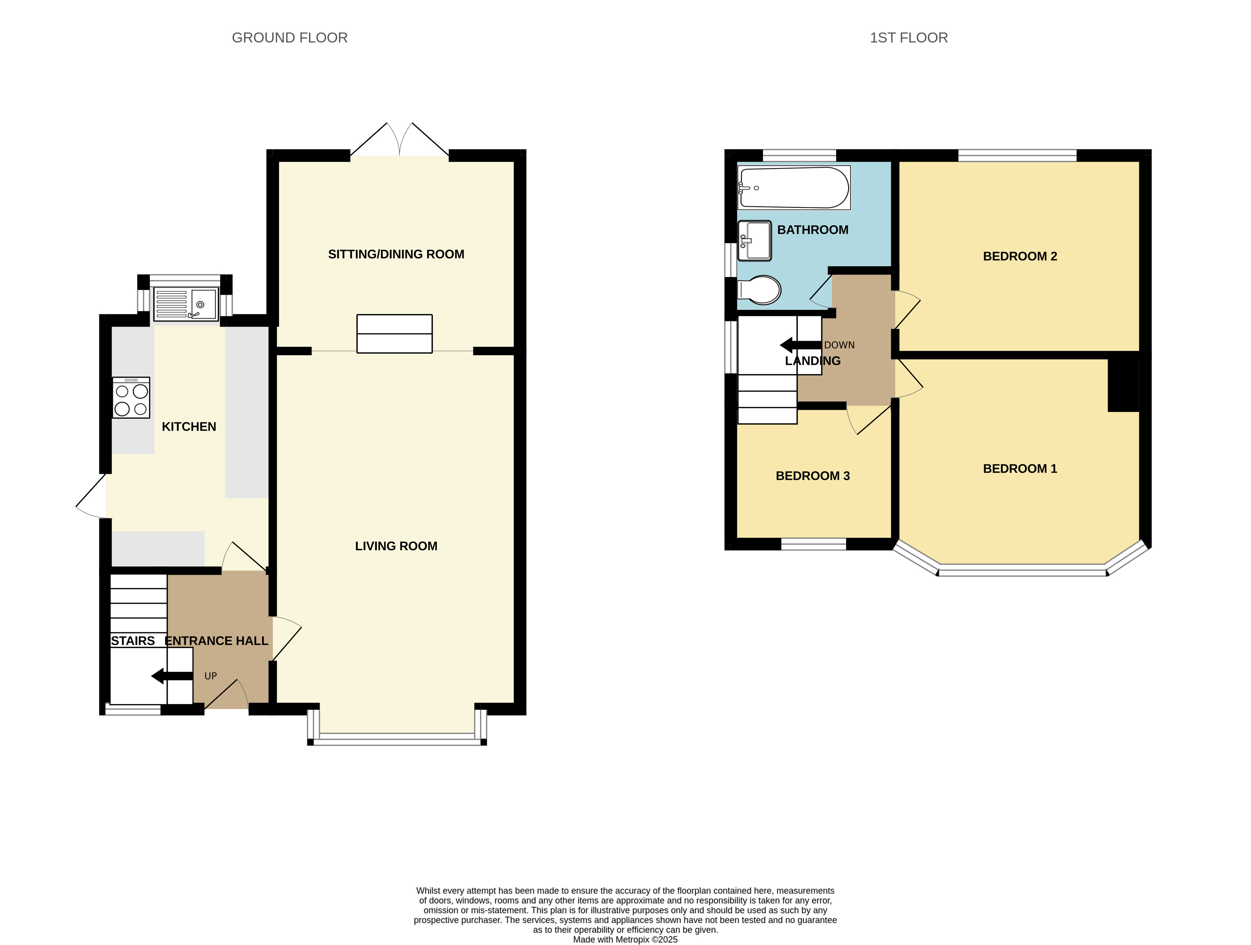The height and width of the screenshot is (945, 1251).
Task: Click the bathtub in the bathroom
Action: coord(794,187)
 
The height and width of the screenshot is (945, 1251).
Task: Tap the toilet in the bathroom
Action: coord(759,290)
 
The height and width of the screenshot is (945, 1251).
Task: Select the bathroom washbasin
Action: coord(754,241)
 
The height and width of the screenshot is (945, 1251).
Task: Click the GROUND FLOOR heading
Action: coord(290,38)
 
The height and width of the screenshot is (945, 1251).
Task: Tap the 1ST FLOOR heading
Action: coord(909,38)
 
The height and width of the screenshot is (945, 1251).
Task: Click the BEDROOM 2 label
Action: coord(1020,256)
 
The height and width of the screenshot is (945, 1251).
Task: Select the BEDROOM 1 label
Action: coord(1020,468)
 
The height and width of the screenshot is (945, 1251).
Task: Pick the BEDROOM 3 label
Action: coord(813,476)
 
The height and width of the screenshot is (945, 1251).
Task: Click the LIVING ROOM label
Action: coord(396,546)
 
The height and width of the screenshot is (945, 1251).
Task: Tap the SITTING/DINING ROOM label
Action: coord(396,254)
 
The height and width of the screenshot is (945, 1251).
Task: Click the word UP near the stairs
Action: coord(210,676)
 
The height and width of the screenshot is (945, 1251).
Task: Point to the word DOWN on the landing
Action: coord(839,345)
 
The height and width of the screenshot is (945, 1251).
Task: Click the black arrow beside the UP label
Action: coord(172,676)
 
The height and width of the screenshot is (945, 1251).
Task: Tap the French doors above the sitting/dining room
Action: coord(400,139)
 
